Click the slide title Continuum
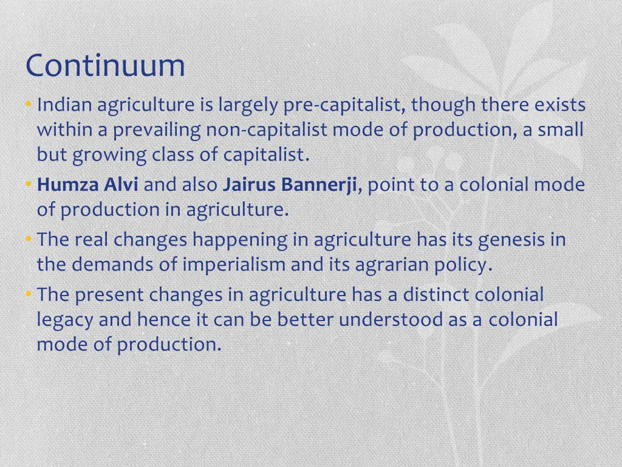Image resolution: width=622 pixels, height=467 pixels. click(105, 66)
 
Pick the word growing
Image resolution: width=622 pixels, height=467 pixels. click(109, 156)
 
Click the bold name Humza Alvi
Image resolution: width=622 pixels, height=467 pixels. click(87, 184)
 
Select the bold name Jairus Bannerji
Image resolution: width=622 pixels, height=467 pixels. click(290, 184)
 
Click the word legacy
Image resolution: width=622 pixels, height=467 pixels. click(65, 320)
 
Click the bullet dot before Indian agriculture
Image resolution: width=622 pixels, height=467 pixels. click(29, 106)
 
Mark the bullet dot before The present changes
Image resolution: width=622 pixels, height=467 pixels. click(29, 295)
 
